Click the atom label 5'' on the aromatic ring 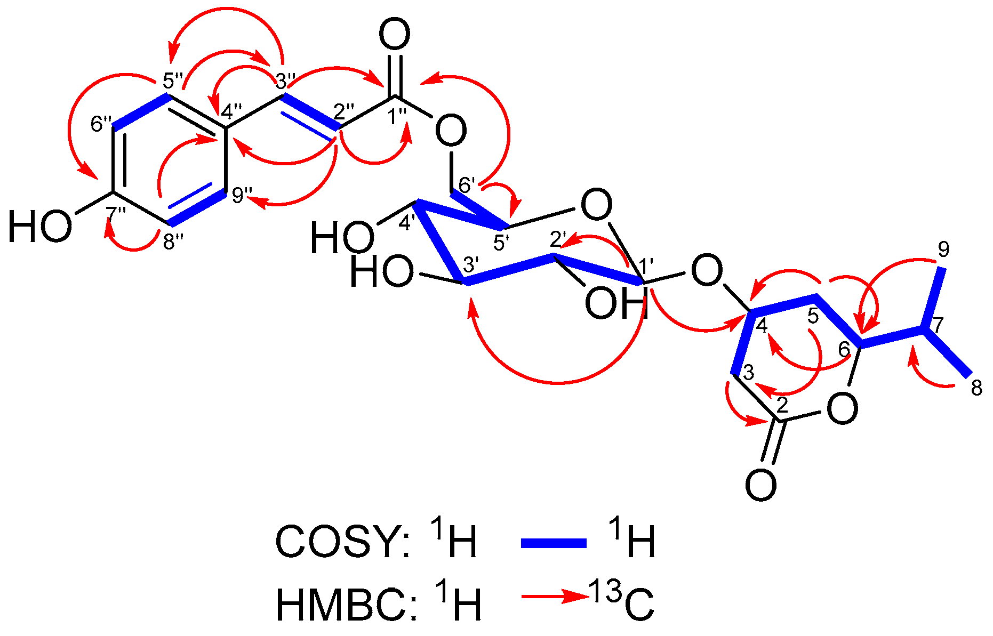[172, 82]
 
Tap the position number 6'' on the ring [100, 125]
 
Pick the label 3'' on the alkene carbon [285, 80]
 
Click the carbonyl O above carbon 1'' [395, 35]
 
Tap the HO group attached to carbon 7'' [39, 227]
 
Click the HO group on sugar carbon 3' [382, 272]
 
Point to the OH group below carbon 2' [616, 303]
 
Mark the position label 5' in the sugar [502, 243]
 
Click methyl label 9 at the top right [943, 249]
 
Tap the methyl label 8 [976, 388]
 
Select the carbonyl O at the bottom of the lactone [760, 485]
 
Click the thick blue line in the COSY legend [553, 543]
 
